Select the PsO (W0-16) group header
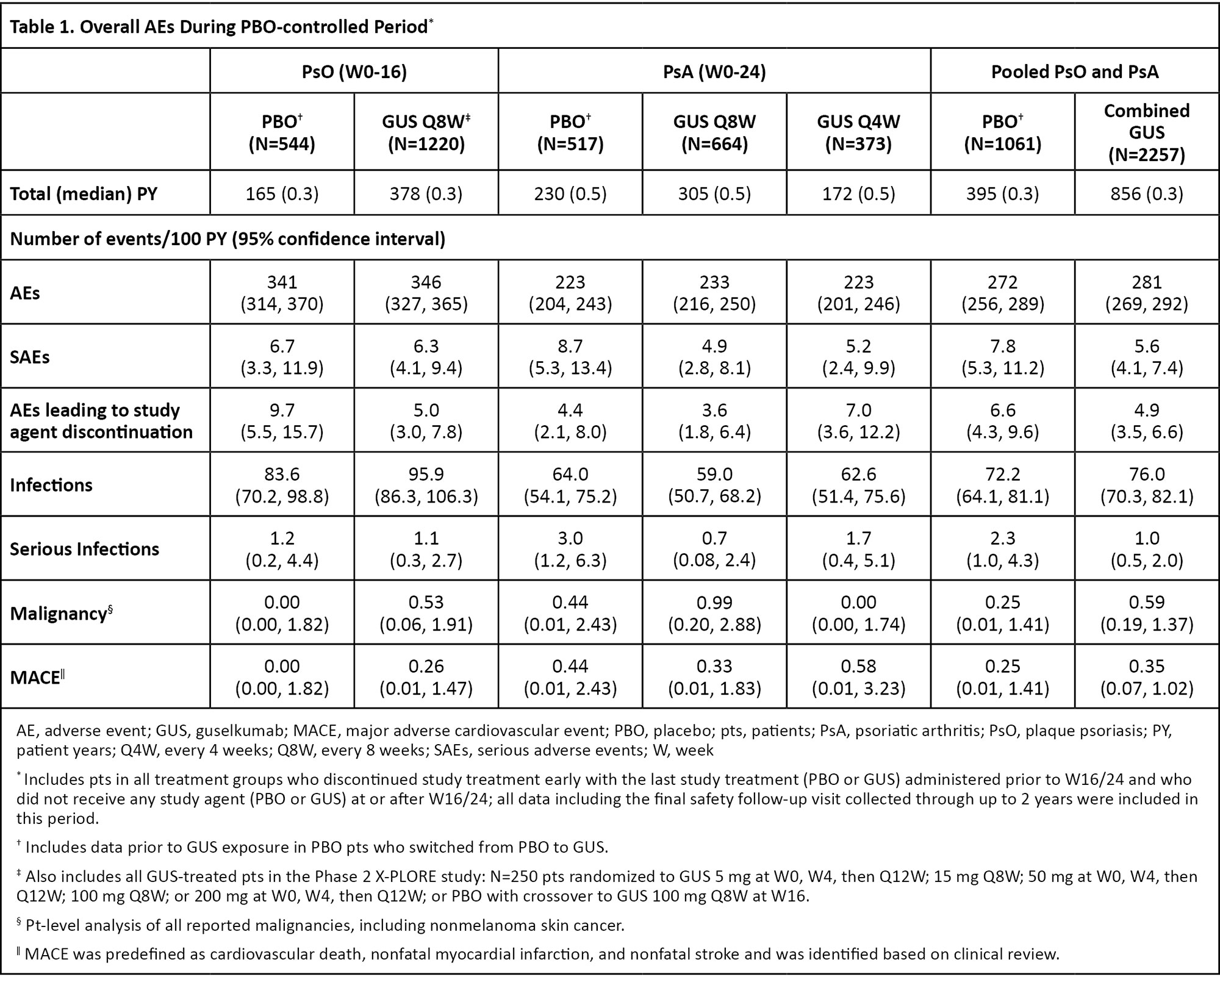point(354,71)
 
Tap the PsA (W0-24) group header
point(714,71)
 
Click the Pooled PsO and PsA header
point(1074,71)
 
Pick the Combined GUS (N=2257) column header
point(1146,132)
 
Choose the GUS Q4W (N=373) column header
point(858,132)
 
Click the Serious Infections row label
point(84,549)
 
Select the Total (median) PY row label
point(84,194)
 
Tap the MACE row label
point(37,677)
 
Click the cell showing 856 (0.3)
point(1146,194)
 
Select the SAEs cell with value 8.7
point(570,357)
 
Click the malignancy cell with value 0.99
point(714,613)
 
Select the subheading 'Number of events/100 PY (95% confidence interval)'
point(228,238)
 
